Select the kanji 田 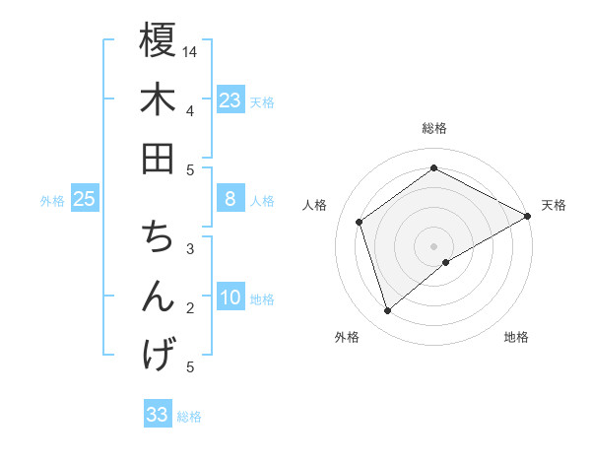(x=158, y=158)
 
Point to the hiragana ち (x=158, y=237)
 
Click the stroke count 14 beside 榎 (x=190, y=51)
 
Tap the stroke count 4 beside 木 (x=190, y=110)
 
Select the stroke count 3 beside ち (x=190, y=248)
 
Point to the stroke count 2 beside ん (x=190, y=308)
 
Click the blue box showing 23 (x=230, y=99)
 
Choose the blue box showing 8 (x=230, y=199)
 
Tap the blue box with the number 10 (x=230, y=298)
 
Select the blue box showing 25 (x=84, y=199)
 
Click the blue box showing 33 (x=158, y=414)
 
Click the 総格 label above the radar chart (x=434, y=129)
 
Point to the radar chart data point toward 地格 (x=446, y=262)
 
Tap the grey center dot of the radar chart (x=434, y=245)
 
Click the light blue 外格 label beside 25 (x=52, y=201)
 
